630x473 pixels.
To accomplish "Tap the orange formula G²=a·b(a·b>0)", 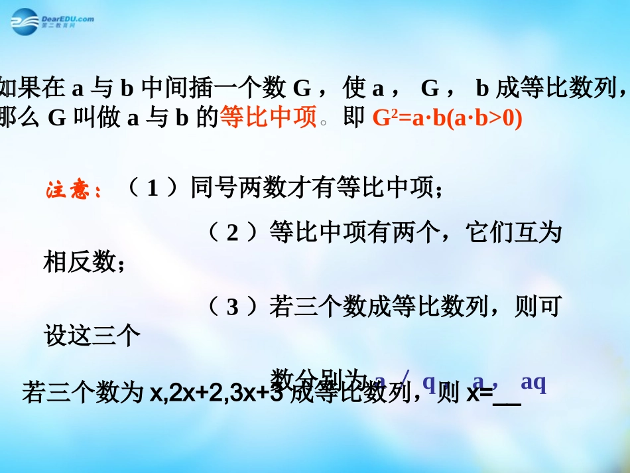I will tap(448, 119).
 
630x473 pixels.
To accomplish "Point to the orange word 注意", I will tap(74, 191).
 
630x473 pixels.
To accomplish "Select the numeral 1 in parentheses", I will tap(153, 190).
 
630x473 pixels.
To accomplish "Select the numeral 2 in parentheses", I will tap(232, 233).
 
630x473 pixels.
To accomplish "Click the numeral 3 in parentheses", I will tap(232, 306).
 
